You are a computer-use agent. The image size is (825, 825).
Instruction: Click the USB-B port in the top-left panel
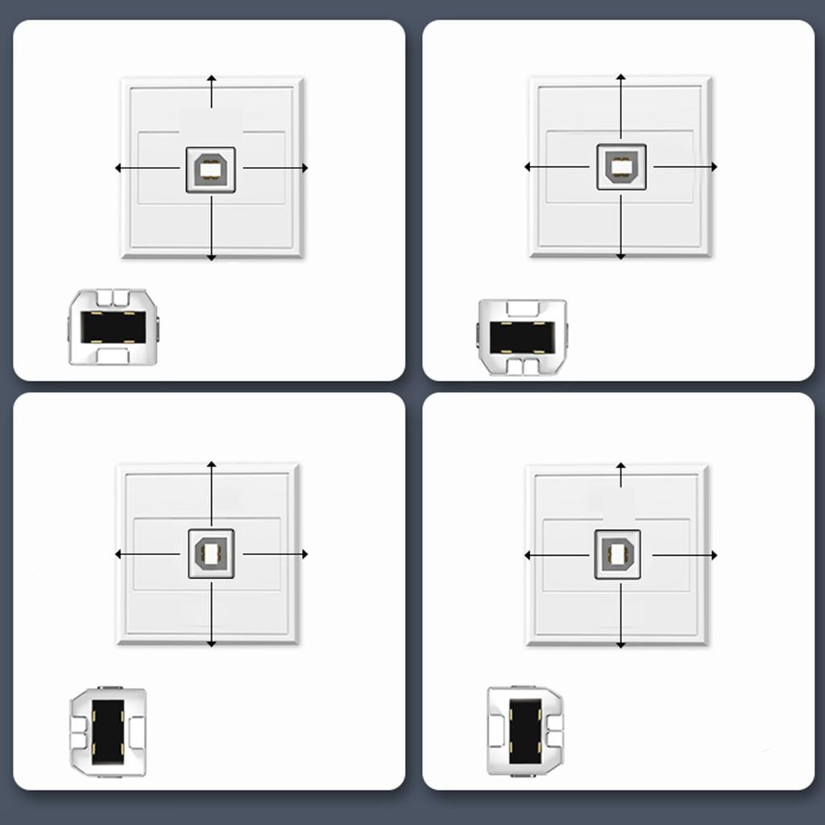point(210,169)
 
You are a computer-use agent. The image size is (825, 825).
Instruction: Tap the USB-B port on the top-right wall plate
point(621,167)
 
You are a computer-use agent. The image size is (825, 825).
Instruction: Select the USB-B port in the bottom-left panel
point(211,553)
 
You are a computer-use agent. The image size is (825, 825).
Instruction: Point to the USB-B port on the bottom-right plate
point(618,554)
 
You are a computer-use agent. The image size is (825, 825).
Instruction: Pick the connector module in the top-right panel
point(523,337)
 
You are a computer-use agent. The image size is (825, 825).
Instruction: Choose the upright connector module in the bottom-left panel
point(109,732)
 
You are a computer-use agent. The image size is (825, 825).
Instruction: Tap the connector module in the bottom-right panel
point(525,731)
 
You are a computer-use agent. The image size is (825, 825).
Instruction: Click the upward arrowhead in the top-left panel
point(211,78)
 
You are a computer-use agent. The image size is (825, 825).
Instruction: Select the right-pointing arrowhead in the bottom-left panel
point(305,554)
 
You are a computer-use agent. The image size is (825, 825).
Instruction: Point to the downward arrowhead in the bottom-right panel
point(620,645)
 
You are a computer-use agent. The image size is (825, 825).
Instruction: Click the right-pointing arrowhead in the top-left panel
point(305,168)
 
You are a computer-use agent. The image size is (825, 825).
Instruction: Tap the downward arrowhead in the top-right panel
point(620,256)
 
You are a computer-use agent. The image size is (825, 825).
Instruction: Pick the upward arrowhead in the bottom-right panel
point(620,466)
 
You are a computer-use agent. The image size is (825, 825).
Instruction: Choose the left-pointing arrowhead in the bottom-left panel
point(118,554)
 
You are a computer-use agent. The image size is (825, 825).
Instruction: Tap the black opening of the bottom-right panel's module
point(525,730)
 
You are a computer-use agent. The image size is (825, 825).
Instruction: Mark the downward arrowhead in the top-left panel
point(211,257)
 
